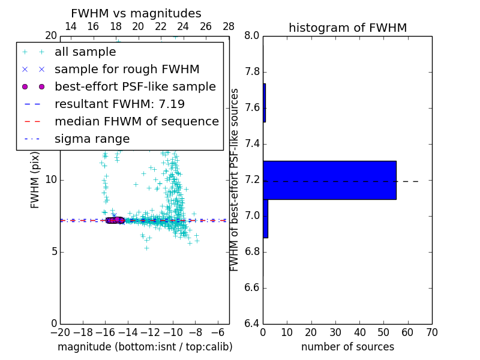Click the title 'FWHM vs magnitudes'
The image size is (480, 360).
[x=136, y=13]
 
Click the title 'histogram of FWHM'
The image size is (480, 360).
[x=347, y=28]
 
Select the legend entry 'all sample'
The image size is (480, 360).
[x=85, y=52]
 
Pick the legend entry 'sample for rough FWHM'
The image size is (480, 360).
[x=127, y=70]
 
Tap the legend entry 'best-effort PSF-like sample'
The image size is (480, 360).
[x=135, y=87]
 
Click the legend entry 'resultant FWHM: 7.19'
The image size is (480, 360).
[x=119, y=104]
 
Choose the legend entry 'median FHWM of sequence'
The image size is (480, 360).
[x=136, y=122]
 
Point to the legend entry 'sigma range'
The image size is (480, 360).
[x=92, y=139]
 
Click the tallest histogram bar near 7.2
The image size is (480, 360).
[x=329, y=180]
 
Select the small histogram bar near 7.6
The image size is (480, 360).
[x=264, y=103]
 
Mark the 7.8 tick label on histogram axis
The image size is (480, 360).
[x=251, y=72]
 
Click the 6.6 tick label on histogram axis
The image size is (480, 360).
[x=251, y=287]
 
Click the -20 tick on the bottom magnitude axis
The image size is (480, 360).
[x=60, y=331]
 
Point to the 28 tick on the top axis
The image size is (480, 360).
[x=229, y=26]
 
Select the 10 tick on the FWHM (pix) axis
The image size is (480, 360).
[x=51, y=180]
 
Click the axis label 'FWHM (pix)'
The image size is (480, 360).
[x=35, y=180]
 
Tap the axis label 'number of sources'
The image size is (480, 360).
[x=347, y=347]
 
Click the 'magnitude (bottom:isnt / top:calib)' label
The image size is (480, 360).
[x=145, y=347]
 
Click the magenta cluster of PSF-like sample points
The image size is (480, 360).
[x=115, y=220]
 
